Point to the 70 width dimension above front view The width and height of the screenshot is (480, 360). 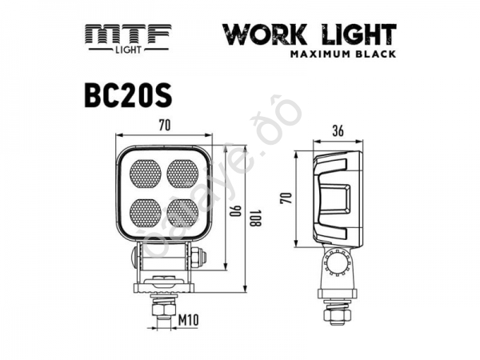[164, 125]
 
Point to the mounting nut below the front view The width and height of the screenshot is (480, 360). [164, 307]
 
